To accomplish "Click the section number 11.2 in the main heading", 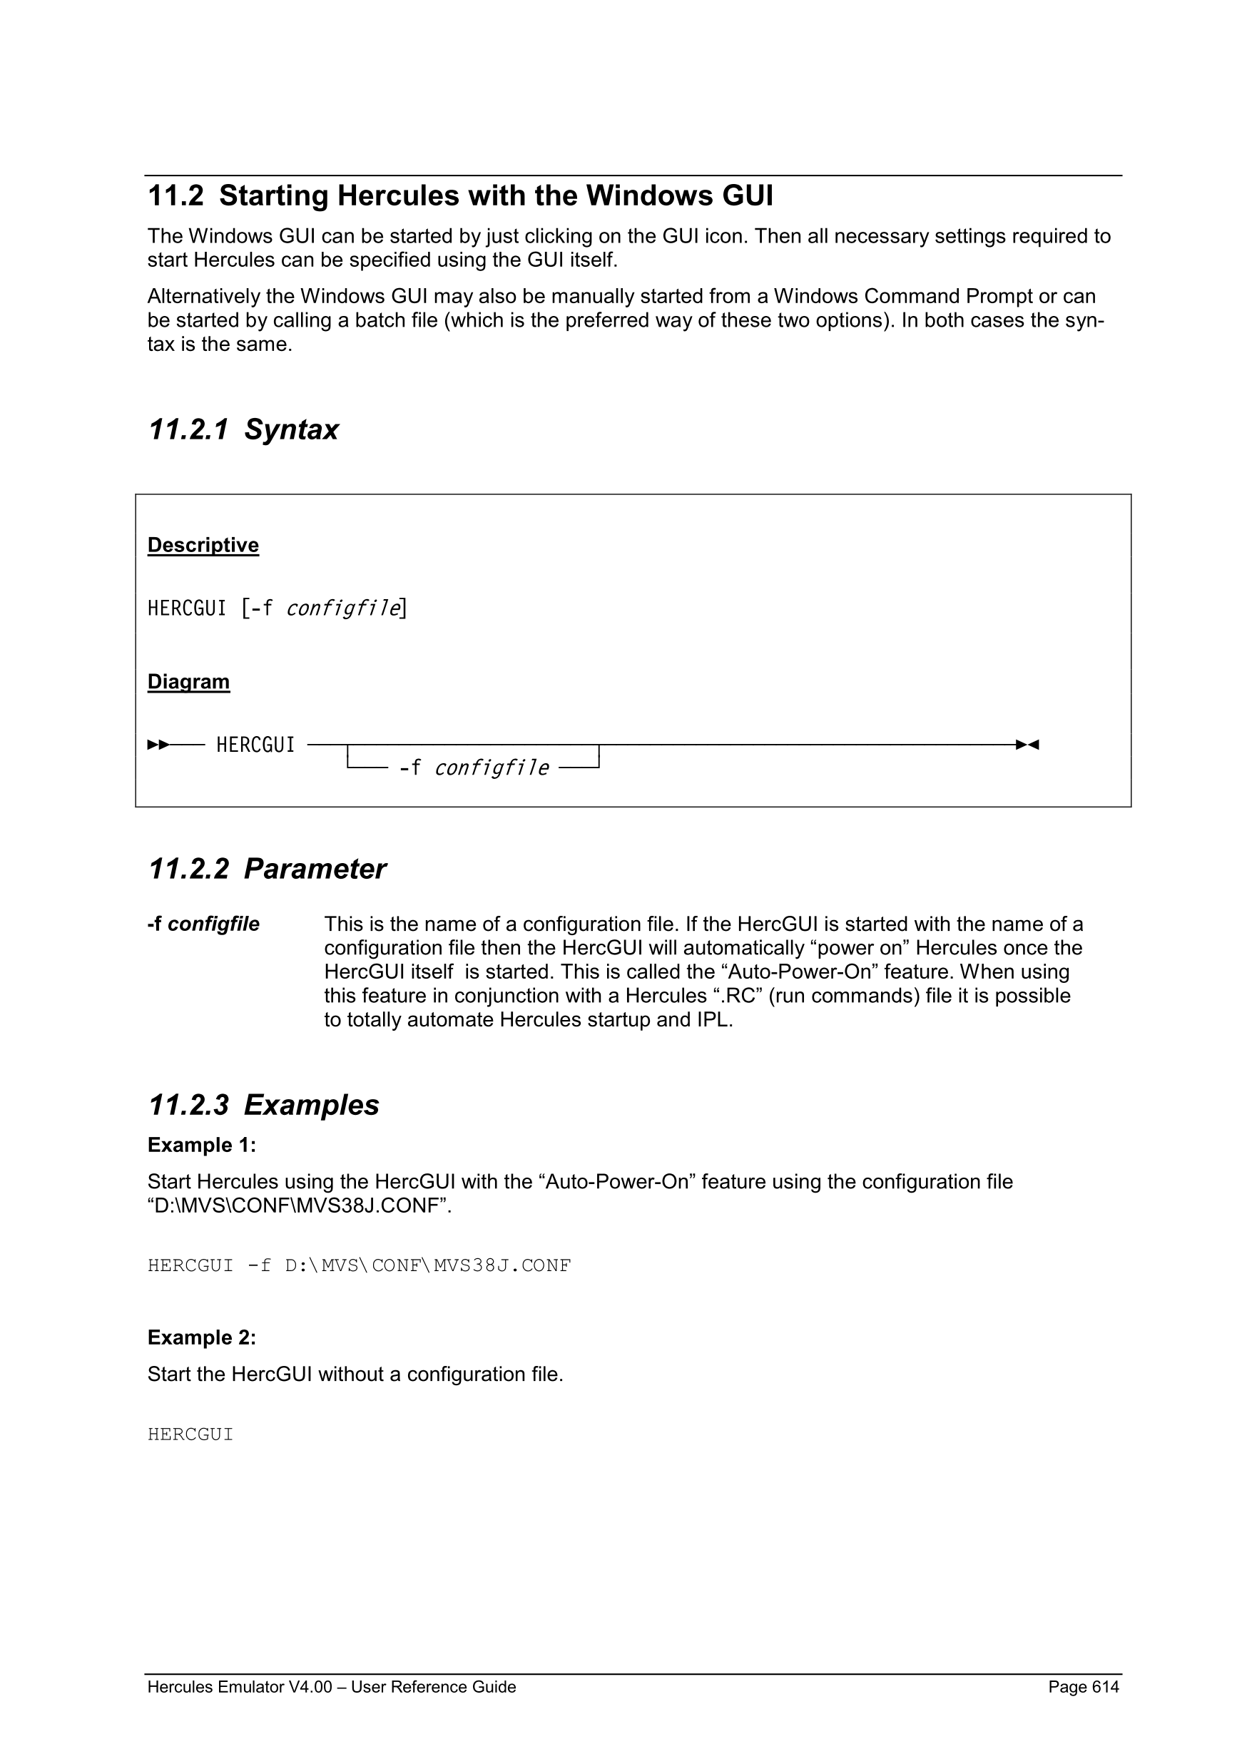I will (175, 197).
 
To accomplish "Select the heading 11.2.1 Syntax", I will (243, 429).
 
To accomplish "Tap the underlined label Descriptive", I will (203, 546).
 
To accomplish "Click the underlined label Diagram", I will (188, 682).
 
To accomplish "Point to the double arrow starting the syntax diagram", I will (158, 744).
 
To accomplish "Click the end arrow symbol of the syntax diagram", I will (1027, 744).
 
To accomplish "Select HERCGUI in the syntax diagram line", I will (255, 745).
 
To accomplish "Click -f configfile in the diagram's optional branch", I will (473, 768).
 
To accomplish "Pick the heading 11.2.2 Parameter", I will (267, 870).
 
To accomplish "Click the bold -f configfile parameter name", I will (203, 924).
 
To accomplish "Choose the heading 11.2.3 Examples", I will (263, 1106).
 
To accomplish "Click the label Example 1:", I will (202, 1146).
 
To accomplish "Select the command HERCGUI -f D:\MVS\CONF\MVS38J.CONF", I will (359, 1266).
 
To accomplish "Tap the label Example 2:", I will (202, 1337).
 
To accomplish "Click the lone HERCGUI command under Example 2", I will (190, 1434).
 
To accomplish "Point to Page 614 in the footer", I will (1083, 1686).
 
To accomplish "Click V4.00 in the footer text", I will (310, 1686).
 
